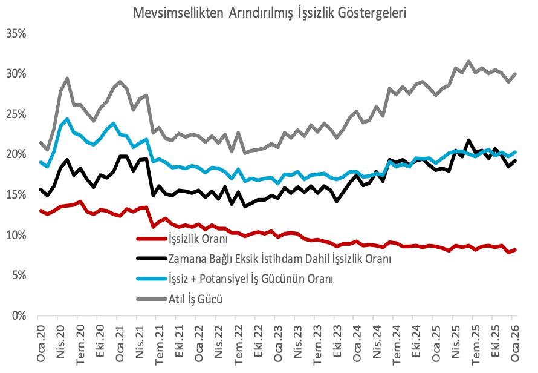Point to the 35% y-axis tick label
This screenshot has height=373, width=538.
(16, 33)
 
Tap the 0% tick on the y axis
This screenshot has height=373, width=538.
(19, 316)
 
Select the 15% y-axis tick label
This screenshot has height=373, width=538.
(16, 195)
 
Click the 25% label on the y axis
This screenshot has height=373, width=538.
(16, 114)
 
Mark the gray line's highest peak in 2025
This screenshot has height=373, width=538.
(468, 61)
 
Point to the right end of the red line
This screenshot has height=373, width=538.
(514, 249)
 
